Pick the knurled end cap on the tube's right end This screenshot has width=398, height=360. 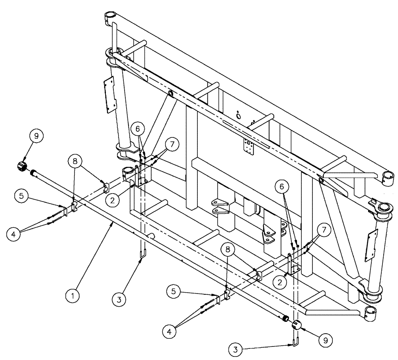tap(298, 325)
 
